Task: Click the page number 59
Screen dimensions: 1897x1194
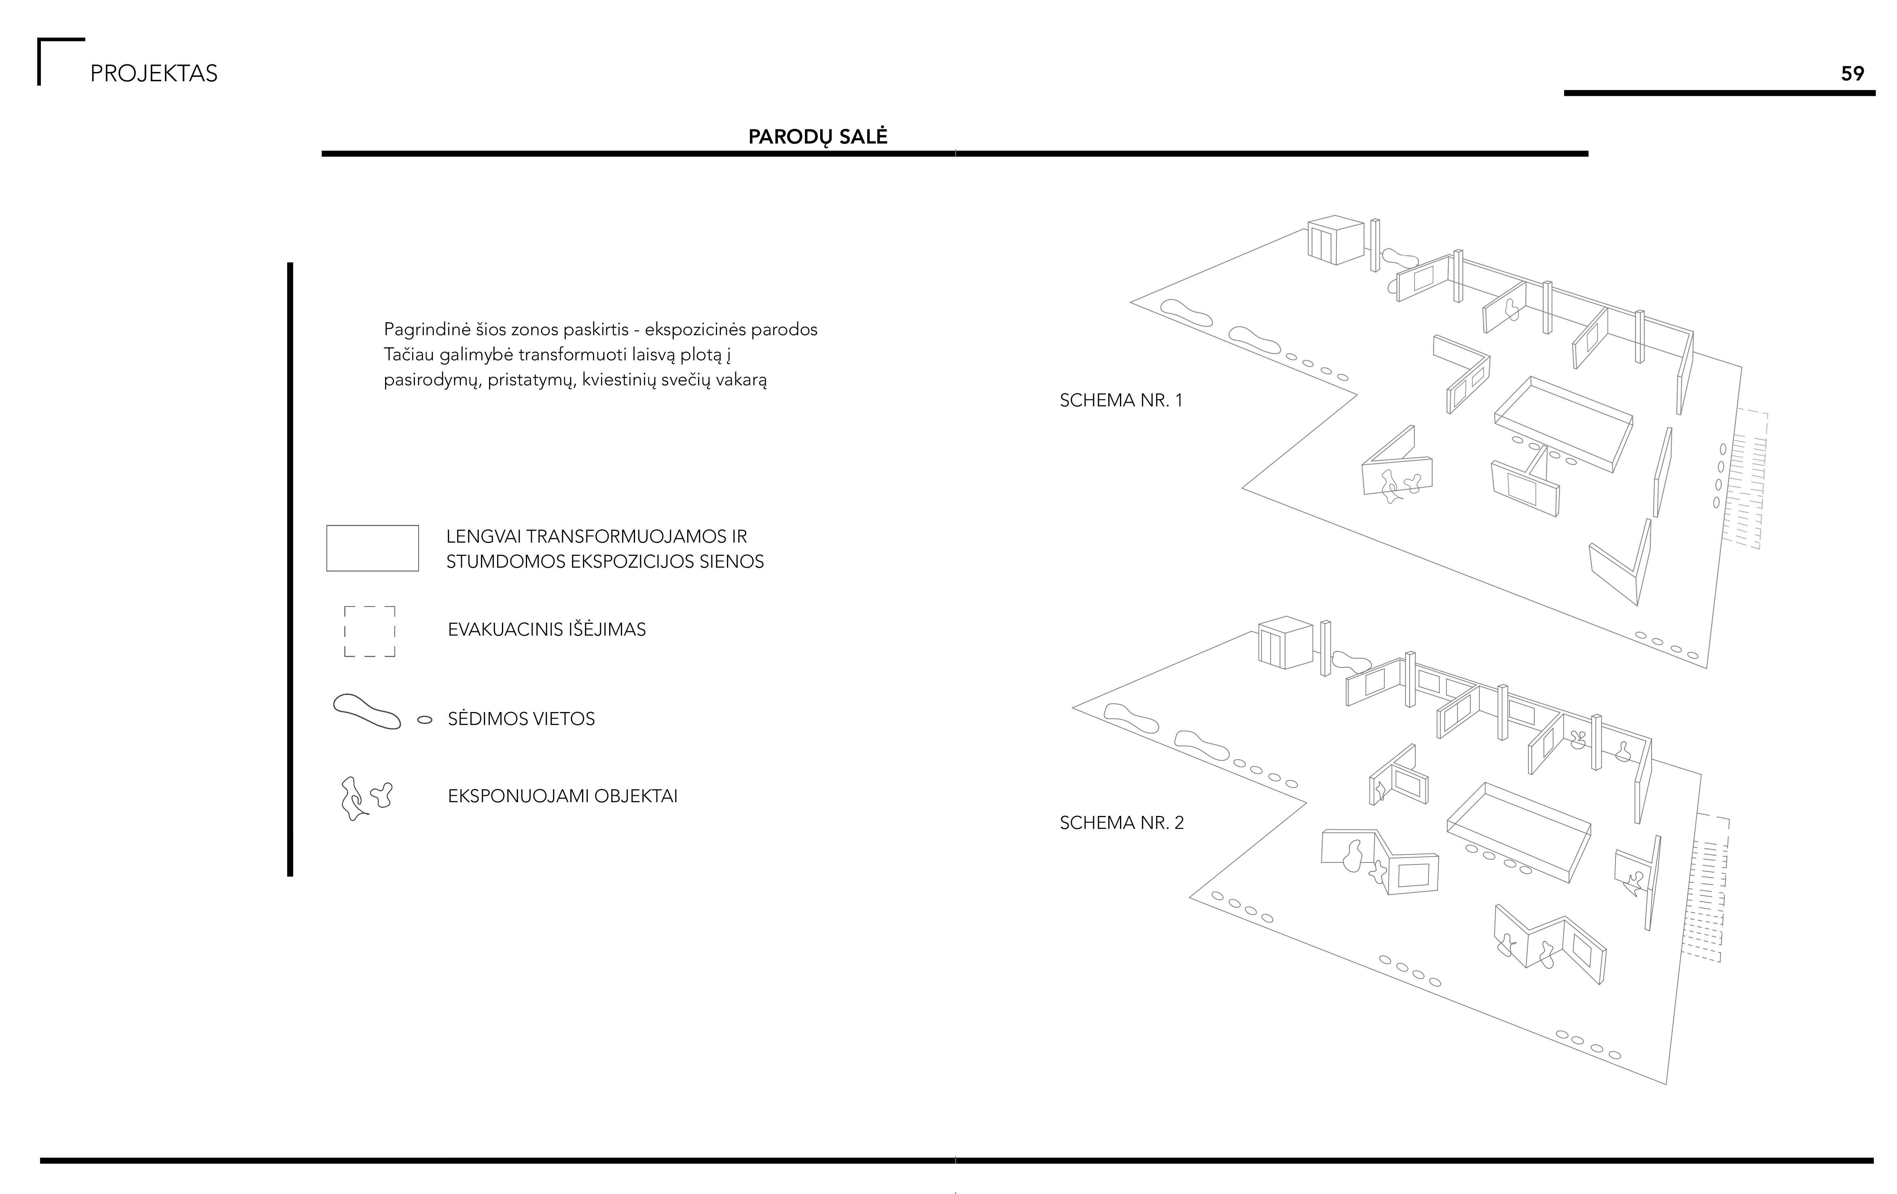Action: [1852, 73]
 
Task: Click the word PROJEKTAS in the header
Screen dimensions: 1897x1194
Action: [154, 73]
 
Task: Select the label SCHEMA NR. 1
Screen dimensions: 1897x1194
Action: [1120, 400]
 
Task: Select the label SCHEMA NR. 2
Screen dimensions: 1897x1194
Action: [1121, 822]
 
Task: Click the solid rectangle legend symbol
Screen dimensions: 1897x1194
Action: [372, 548]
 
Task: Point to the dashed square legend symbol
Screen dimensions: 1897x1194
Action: [369, 631]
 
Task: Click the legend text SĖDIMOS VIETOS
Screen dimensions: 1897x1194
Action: [521, 718]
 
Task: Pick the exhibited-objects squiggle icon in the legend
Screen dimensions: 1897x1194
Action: [365, 798]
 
